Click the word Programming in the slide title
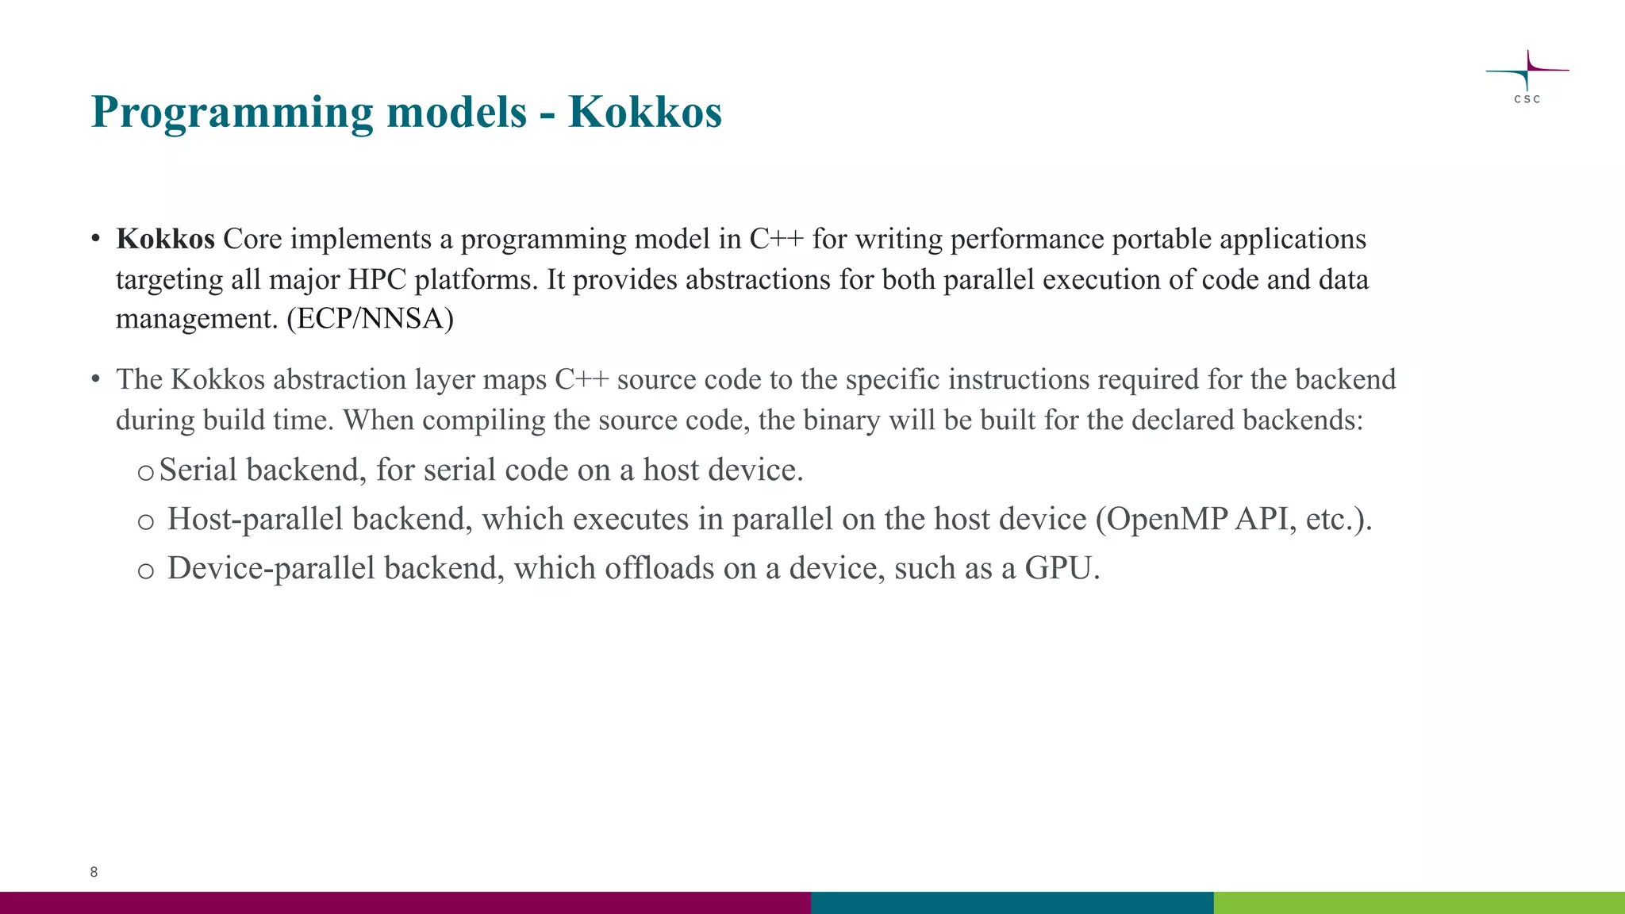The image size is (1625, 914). click(x=232, y=113)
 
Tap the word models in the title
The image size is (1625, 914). click(x=456, y=111)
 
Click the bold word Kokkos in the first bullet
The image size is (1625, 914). click(x=165, y=239)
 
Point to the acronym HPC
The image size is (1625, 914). click(x=377, y=279)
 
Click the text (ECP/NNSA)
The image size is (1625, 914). click(x=370, y=319)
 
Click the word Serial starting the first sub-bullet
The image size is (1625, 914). click(x=198, y=470)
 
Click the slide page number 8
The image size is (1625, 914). click(x=94, y=872)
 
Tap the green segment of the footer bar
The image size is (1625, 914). click(x=1419, y=903)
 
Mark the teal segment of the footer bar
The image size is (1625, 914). click(x=1012, y=903)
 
